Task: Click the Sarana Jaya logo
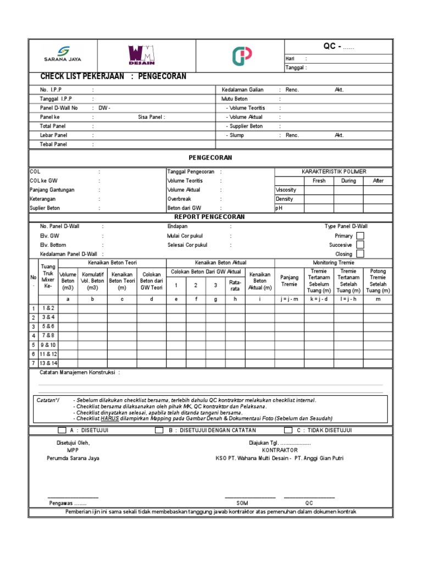[x=62, y=54]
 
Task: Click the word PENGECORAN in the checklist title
[x=163, y=76]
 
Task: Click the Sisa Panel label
[x=152, y=117]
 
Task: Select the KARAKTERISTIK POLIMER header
[x=334, y=172]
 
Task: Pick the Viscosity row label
[x=286, y=190]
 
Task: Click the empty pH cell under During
[x=348, y=208]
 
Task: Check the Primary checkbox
[x=360, y=235]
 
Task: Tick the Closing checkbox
[x=360, y=254]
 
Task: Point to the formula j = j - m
[x=289, y=299]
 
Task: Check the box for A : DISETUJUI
[x=62, y=430]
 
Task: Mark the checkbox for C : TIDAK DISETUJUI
[x=288, y=430]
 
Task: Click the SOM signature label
[x=242, y=503]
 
